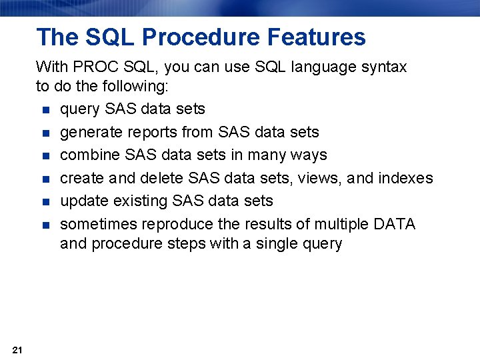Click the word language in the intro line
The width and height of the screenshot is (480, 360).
click(x=319, y=67)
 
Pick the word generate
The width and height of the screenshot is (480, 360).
click(x=87, y=132)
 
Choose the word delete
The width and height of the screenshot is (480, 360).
click(x=163, y=178)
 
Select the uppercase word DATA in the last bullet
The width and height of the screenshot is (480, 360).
click(x=395, y=224)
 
